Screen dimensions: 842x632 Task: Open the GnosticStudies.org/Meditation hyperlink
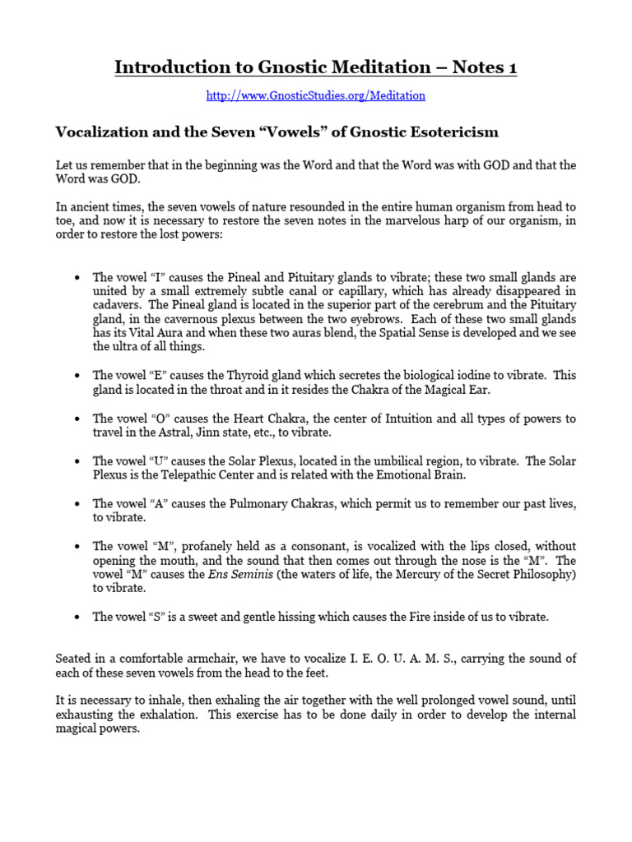[x=315, y=95]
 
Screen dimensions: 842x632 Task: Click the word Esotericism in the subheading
[x=444, y=132]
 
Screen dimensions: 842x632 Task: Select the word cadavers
[x=116, y=304]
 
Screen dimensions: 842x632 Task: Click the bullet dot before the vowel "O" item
[x=77, y=419]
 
